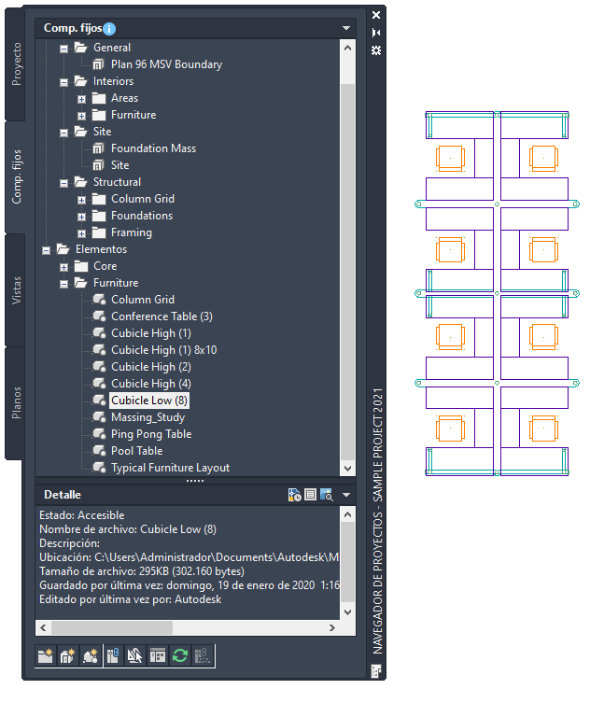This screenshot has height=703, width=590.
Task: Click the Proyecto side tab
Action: point(18,63)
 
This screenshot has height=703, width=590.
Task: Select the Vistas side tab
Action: point(18,290)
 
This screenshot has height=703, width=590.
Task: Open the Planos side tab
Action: point(18,402)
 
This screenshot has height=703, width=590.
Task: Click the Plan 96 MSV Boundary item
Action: point(165,64)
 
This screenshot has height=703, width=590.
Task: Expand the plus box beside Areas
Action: point(82,98)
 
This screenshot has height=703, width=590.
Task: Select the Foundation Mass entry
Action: point(152,148)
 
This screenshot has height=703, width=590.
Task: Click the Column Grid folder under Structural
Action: point(142,199)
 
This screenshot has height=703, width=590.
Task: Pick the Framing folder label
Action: point(131,232)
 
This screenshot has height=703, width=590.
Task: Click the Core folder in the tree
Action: point(105,266)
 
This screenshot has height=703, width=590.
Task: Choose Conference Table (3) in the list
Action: point(161,316)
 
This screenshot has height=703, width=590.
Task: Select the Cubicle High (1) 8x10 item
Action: point(163,350)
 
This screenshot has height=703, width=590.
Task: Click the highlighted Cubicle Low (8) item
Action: point(149,401)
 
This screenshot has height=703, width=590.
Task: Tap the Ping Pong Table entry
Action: point(150,434)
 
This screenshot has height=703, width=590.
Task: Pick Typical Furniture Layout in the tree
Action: point(170,468)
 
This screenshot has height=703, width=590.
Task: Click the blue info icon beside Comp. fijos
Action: point(110,29)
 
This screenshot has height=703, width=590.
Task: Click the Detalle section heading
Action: point(62,495)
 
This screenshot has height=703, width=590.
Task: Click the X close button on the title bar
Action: point(375,15)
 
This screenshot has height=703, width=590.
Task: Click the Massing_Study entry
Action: point(147,417)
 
